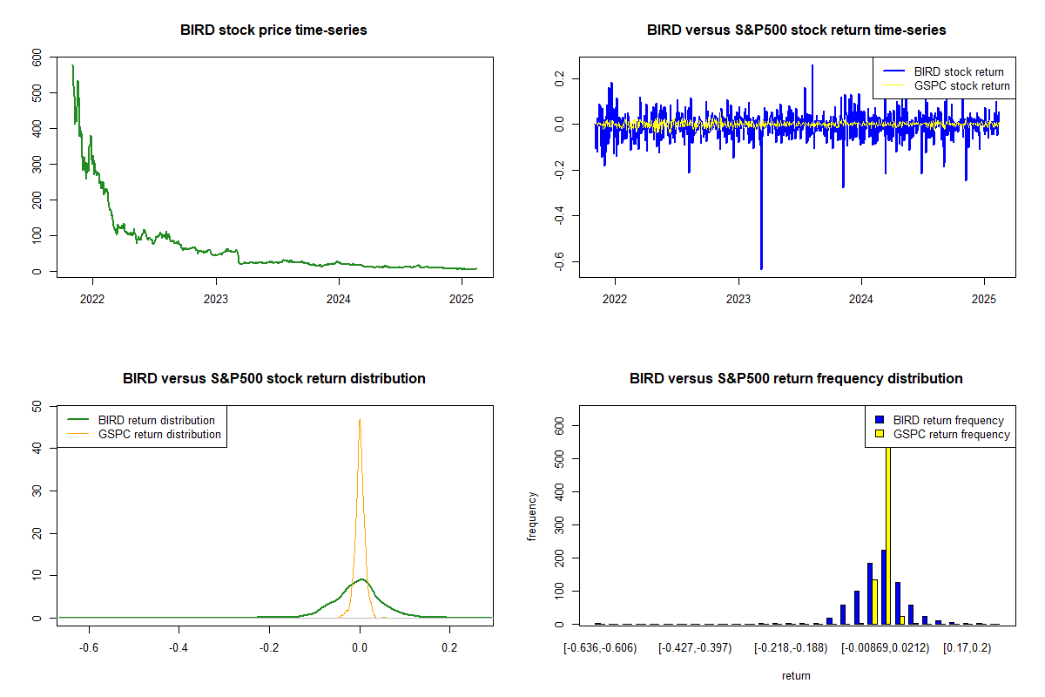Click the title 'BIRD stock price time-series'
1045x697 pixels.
pyautogui.click(x=273, y=30)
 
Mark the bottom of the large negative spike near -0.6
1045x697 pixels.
pyautogui.click(x=761, y=268)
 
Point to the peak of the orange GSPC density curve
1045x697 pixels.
pyautogui.click(x=359, y=419)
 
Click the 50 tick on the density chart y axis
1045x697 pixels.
pyautogui.click(x=36, y=406)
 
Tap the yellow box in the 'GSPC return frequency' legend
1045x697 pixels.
pyautogui.click(x=880, y=435)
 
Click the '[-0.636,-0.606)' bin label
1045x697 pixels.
pyautogui.click(x=600, y=648)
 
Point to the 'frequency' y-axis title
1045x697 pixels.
pyautogui.click(x=533, y=516)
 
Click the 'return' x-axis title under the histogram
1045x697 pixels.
pyautogui.click(x=796, y=676)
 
